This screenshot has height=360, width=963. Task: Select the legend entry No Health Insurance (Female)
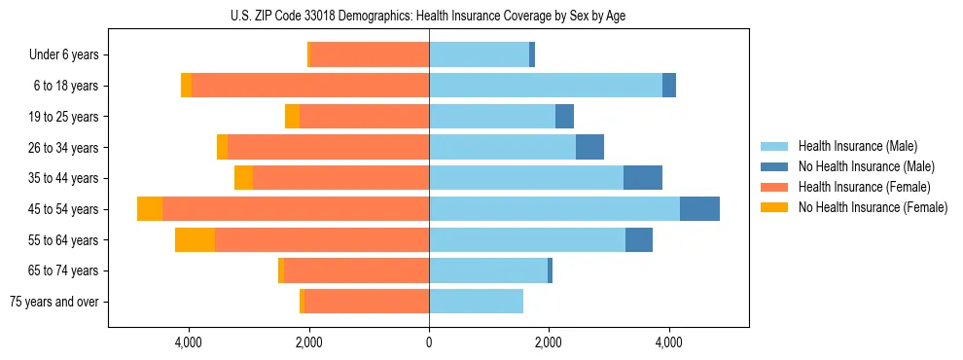coord(873,207)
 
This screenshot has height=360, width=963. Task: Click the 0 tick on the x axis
coord(428,342)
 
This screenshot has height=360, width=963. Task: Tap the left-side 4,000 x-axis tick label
coord(188,342)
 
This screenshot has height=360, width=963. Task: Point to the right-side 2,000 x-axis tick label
coord(549,342)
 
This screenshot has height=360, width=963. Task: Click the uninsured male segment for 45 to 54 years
coord(699,209)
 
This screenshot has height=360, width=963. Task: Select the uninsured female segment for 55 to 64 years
coord(195,240)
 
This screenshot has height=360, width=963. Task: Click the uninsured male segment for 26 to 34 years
coord(589,148)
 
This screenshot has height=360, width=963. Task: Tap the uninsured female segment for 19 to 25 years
coord(292,117)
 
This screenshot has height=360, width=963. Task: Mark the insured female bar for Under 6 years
coord(370,55)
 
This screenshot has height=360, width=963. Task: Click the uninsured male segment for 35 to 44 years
coord(642,178)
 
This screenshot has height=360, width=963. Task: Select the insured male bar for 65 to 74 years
coord(487,270)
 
